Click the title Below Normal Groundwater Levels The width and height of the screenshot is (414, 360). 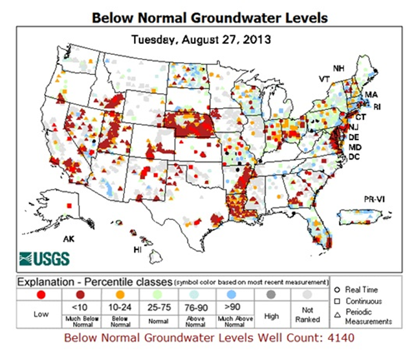click(x=207, y=17)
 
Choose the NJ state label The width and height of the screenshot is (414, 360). click(x=354, y=128)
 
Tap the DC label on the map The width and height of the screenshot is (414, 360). click(x=355, y=157)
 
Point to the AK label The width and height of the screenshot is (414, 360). click(x=69, y=239)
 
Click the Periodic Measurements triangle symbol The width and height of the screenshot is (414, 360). click(x=338, y=312)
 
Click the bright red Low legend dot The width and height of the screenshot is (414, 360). click(x=40, y=295)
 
